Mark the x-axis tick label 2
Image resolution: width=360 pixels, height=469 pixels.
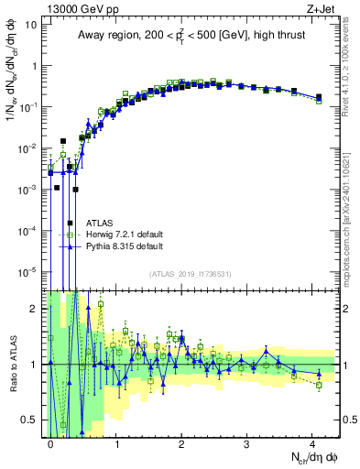181,442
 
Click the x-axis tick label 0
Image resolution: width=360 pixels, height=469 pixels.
50,442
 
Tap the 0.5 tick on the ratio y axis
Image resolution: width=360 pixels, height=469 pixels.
29,420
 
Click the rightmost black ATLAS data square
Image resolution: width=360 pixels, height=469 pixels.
319,97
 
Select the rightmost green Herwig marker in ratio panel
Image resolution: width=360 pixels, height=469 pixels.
319,385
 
